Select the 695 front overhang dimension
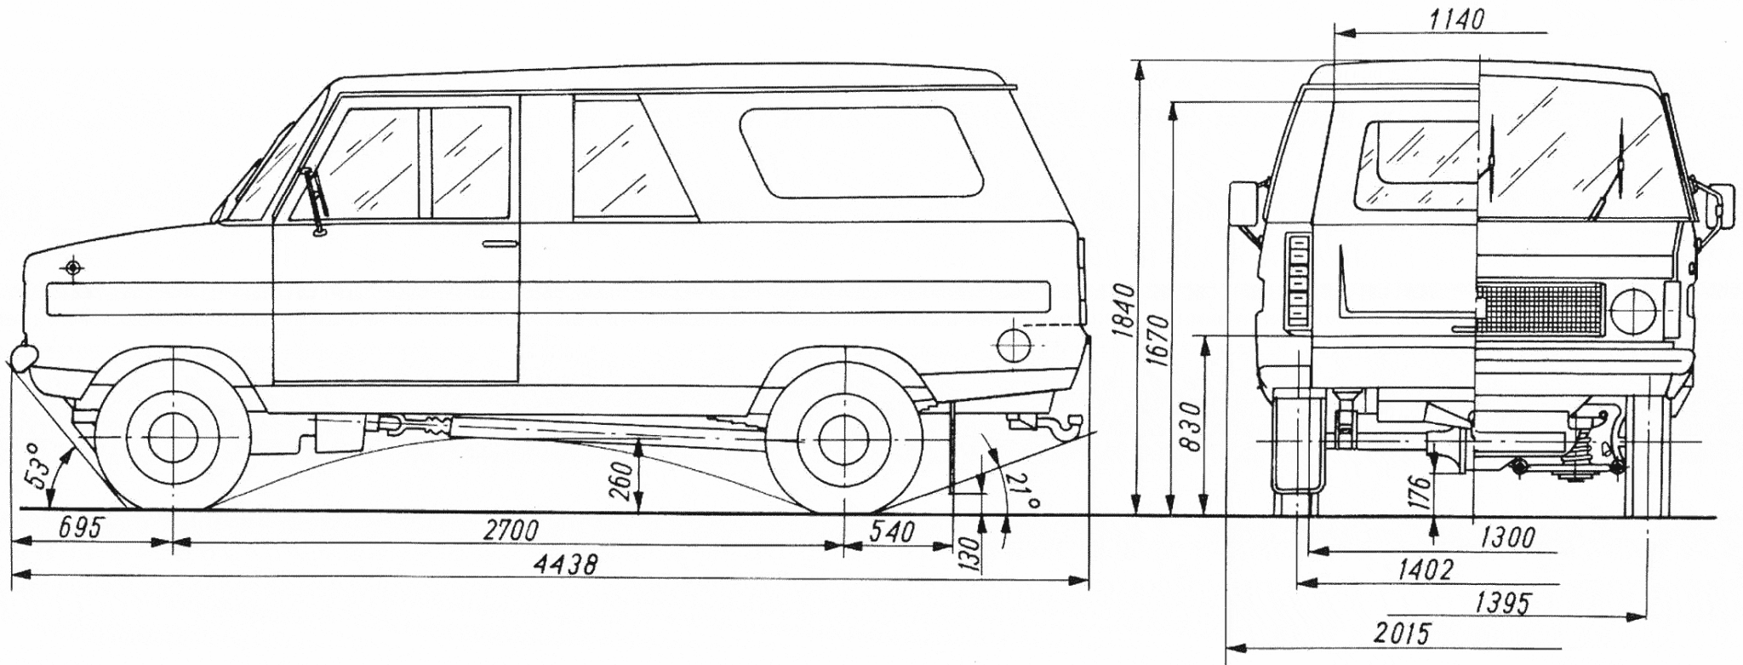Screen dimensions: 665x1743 click(80, 528)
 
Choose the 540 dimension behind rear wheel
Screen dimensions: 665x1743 click(890, 532)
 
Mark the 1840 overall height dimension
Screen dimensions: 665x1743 click(1123, 311)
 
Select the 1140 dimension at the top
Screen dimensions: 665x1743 click(1455, 20)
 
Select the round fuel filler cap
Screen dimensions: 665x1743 click(1013, 344)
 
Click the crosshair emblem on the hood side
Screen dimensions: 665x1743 click(74, 268)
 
